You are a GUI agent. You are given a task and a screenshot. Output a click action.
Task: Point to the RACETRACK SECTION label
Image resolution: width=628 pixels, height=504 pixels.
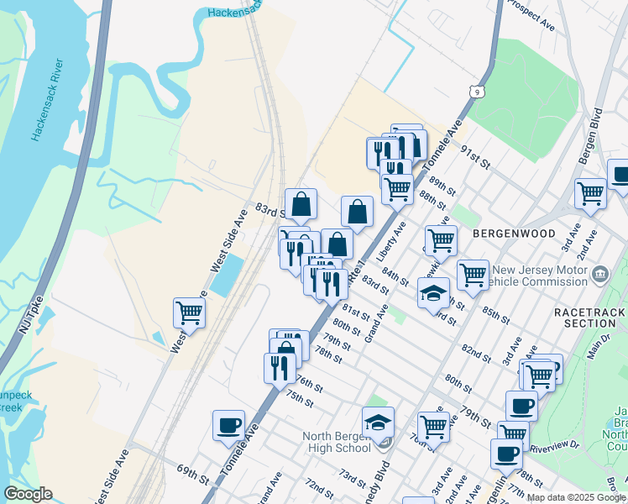tap(585, 317)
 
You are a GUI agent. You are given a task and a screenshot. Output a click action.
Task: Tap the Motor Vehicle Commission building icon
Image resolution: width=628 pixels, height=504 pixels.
tap(599, 274)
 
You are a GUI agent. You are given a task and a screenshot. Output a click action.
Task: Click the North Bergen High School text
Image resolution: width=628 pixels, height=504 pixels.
tap(336, 441)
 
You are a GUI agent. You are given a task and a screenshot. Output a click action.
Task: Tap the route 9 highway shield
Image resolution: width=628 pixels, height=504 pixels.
tap(477, 90)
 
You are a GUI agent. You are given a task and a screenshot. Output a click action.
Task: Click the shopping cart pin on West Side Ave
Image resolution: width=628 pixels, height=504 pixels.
tap(190, 312)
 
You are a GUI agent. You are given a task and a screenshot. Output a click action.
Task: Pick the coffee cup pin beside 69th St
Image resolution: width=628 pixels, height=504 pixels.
tap(228, 424)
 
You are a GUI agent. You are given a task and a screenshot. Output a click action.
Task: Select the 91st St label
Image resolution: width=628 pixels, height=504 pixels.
tap(475, 155)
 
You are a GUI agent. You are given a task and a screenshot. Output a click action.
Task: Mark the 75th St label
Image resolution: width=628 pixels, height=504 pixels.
tap(299, 397)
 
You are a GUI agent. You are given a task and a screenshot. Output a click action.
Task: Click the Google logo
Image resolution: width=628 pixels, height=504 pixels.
tap(28, 494)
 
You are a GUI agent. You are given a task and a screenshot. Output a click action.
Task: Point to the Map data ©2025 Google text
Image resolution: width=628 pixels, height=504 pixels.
tap(577, 497)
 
